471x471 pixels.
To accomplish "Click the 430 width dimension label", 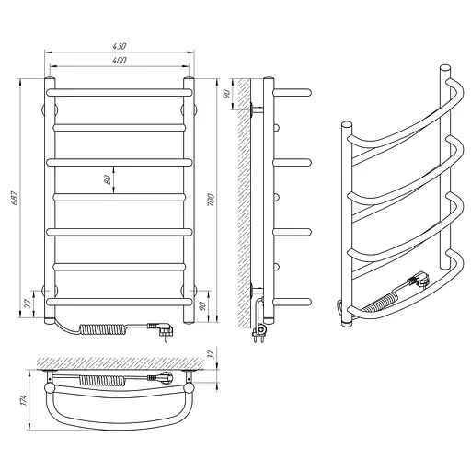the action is (x=120, y=46).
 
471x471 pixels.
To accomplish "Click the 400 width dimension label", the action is (x=120, y=60).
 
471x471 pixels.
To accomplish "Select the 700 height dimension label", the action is (x=211, y=200).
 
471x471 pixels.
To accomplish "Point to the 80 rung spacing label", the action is (x=107, y=179).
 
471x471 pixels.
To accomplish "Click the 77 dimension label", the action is (x=28, y=304).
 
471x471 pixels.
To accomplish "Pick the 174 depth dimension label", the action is (x=24, y=400).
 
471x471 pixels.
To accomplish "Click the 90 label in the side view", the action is (x=227, y=94).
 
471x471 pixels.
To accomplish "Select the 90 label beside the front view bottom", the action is (x=201, y=306).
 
